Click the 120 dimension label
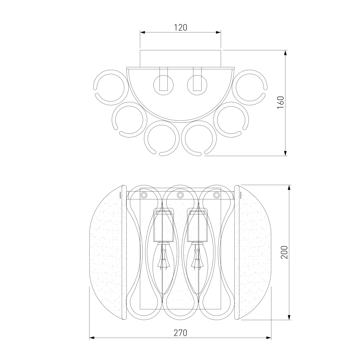[180, 28]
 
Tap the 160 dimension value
[280, 102]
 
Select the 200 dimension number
[284, 252]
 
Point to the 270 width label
[180, 333]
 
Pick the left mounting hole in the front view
[144, 195]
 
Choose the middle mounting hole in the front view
[180, 195]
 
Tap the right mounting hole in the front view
[216, 195]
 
